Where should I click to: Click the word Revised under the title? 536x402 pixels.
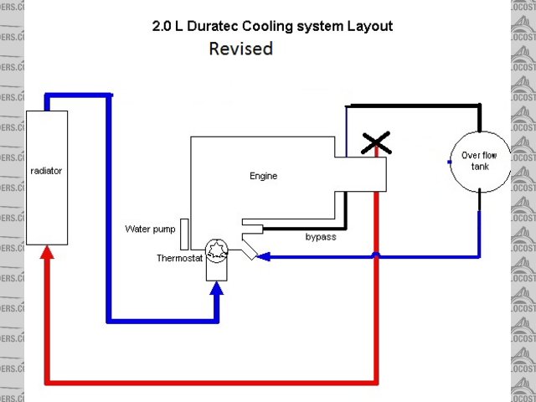pos(241,49)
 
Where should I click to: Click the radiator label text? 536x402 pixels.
pos(46,171)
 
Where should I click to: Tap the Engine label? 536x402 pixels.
pos(263,176)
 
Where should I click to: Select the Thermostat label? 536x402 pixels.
pos(179,258)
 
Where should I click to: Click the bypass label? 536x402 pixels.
pos(320,237)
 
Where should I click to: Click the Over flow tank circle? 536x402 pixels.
pos(479,160)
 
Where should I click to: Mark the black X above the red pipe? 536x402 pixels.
pos(376,144)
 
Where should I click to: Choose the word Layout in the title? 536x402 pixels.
pos(372,26)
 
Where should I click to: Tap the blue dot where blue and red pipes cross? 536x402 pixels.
pos(377,255)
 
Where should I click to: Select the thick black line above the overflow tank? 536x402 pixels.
pos(415,106)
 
